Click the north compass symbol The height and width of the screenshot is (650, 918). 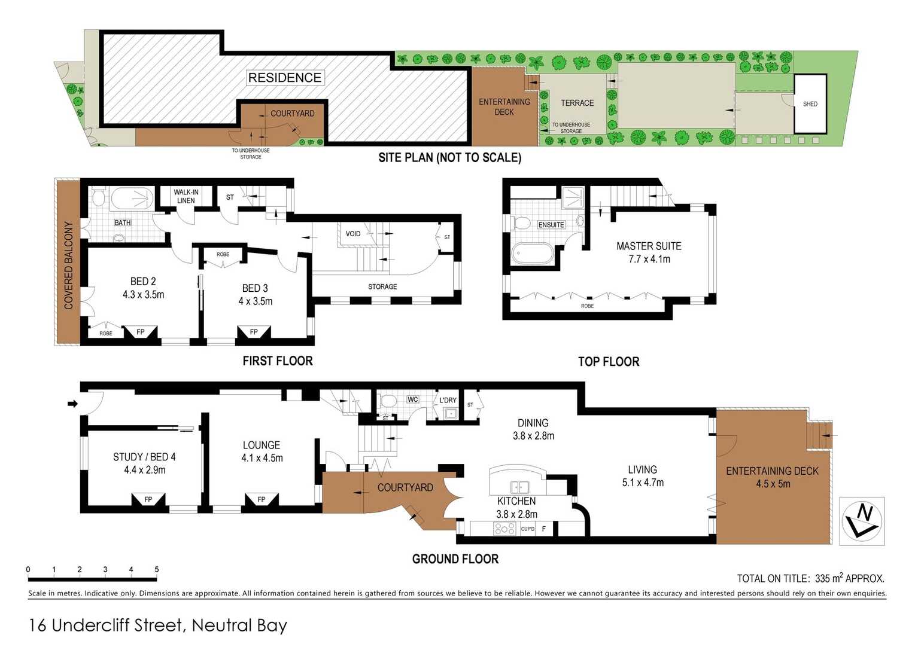862,521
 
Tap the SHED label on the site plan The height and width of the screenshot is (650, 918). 810,104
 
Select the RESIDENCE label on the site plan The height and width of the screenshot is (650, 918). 285,77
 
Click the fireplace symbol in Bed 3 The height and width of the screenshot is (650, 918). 254,332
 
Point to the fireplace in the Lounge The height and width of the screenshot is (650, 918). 262,500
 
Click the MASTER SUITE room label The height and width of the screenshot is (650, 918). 649,246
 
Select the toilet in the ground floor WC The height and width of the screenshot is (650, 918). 388,400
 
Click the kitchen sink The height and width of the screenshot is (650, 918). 519,487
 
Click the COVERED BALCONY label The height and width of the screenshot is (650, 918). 68,265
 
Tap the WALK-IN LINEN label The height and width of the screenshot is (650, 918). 186,196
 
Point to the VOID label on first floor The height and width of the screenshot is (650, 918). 353,234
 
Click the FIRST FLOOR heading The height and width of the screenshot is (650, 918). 278,361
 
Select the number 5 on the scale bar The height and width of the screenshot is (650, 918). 157,569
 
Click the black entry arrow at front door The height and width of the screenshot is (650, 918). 72,404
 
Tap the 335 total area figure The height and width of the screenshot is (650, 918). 822,578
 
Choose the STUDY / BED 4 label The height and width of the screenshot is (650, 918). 144,457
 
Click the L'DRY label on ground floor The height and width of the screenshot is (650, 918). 448,400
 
